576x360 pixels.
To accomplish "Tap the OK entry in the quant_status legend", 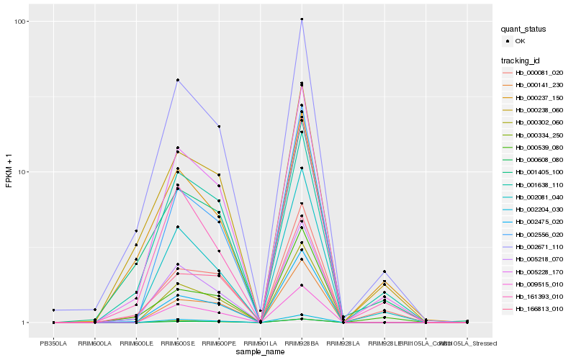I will click(520, 41).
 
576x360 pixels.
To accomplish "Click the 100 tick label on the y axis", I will click(21, 22).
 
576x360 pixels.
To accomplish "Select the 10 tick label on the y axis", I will click(23, 172).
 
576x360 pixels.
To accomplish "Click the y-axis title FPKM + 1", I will click(9, 172).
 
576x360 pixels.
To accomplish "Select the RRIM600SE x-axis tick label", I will click(177, 343).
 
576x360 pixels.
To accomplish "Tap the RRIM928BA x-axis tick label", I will click(302, 343).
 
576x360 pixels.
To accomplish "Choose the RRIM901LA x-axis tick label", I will click(260, 343).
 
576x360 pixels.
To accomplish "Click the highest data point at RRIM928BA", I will click(302, 19).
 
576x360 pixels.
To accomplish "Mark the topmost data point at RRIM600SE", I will click(177, 80).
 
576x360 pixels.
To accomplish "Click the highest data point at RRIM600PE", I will click(219, 127).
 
